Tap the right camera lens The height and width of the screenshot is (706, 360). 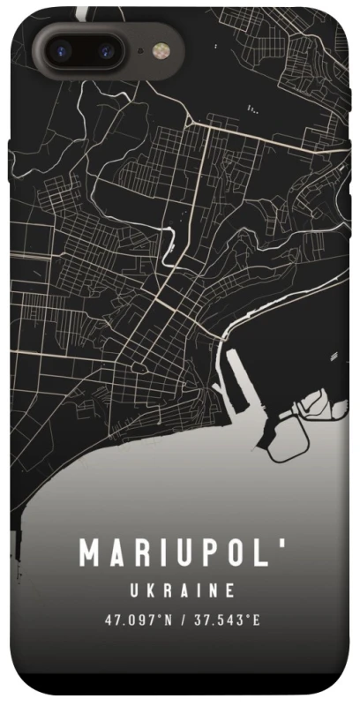[103, 50]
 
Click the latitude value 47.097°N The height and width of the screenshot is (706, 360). [138, 620]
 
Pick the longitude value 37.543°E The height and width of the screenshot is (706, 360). [227, 620]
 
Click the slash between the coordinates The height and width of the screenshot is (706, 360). [183, 620]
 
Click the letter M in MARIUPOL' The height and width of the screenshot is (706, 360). [90, 553]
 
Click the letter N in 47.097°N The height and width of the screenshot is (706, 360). [168, 620]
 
